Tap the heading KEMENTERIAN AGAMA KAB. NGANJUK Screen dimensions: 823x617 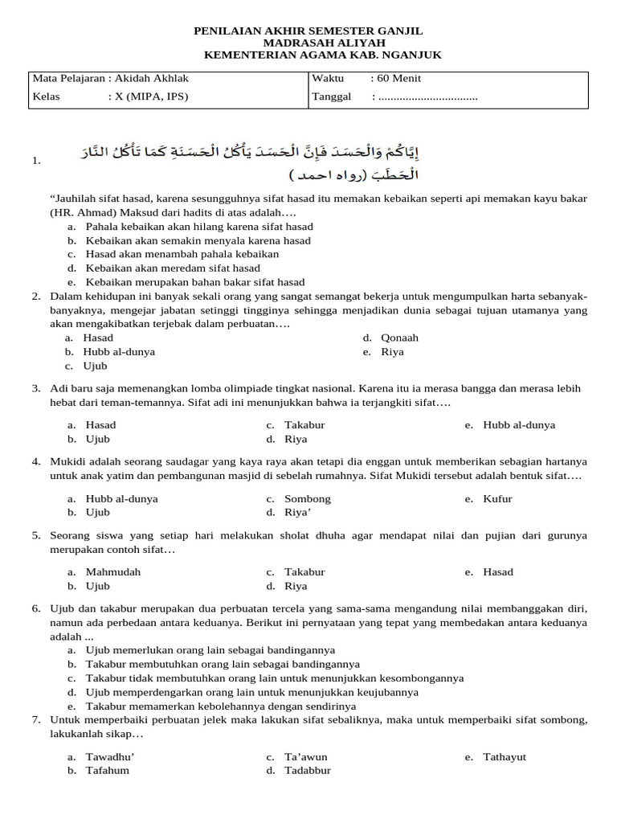pyautogui.click(x=323, y=55)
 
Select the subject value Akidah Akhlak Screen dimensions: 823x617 pyautogui.click(x=152, y=78)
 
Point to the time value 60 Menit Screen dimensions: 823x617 pyautogui.click(x=399, y=78)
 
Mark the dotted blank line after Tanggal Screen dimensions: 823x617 pyautogui.click(x=427, y=97)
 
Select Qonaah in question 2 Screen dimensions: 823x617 pyautogui.click(x=399, y=338)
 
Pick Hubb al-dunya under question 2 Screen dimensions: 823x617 pyautogui.click(x=120, y=352)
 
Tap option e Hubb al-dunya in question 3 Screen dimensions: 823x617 pyautogui.click(x=519, y=425)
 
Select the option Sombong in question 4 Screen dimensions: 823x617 pyautogui.click(x=307, y=499)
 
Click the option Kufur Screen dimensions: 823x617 pyautogui.click(x=497, y=499)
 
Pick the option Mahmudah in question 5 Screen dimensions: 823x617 pyautogui.click(x=112, y=572)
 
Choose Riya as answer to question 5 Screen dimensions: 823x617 pyautogui.click(x=296, y=587)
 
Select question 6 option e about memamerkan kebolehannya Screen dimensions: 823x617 pyautogui.click(x=212, y=706)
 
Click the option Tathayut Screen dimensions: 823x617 pyautogui.click(x=505, y=757)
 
